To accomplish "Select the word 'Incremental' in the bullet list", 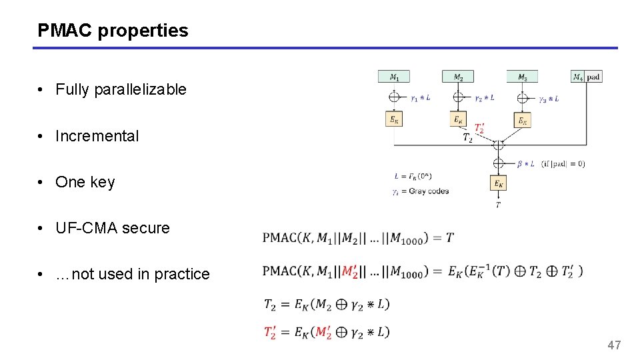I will pyautogui.click(x=97, y=136).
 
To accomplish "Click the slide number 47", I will pyautogui.click(x=614, y=345).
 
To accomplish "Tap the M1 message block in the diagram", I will pyautogui.click(x=394, y=77).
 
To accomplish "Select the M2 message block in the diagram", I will pyautogui.click(x=458, y=77).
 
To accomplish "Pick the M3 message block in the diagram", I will pyautogui.click(x=523, y=77).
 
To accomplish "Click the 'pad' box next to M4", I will pyautogui.click(x=593, y=77).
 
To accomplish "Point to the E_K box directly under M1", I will pyautogui.click(x=394, y=119).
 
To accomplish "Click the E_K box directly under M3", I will pyautogui.click(x=523, y=120).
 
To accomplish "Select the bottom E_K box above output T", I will pyautogui.click(x=498, y=182).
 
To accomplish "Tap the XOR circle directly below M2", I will pyautogui.click(x=458, y=97).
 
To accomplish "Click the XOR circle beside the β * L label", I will pyautogui.click(x=498, y=163).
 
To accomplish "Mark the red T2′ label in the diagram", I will pyautogui.click(x=479, y=128).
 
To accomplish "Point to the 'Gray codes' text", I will pyautogui.click(x=429, y=191).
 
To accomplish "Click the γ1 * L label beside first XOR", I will pyautogui.click(x=420, y=98).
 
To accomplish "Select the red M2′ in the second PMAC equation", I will pyautogui.click(x=350, y=271).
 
